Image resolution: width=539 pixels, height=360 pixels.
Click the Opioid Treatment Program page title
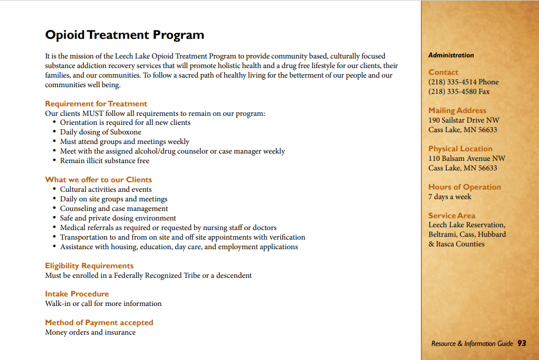(124, 35)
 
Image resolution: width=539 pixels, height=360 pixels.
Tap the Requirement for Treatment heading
(96, 103)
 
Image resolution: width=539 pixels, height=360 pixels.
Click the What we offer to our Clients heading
(98, 179)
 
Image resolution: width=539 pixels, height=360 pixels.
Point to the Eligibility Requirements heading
(89, 265)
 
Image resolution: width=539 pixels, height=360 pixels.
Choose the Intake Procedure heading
(77, 294)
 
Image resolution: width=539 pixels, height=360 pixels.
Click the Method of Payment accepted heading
(99, 322)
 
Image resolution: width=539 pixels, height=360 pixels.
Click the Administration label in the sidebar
(451, 55)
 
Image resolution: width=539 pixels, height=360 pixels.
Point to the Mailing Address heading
(457, 110)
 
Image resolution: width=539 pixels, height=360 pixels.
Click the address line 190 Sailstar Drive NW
(464, 120)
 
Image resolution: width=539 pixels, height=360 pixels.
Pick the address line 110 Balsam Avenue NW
(466, 159)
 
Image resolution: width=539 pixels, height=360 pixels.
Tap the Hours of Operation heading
(464, 187)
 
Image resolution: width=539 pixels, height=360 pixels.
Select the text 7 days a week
(450, 197)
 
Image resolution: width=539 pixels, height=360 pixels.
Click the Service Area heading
(452, 215)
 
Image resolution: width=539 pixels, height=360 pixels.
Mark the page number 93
(522, 343)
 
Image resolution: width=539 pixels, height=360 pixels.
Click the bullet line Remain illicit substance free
(105, 161)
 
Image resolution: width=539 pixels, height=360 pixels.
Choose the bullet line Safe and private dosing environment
(118, 218)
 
